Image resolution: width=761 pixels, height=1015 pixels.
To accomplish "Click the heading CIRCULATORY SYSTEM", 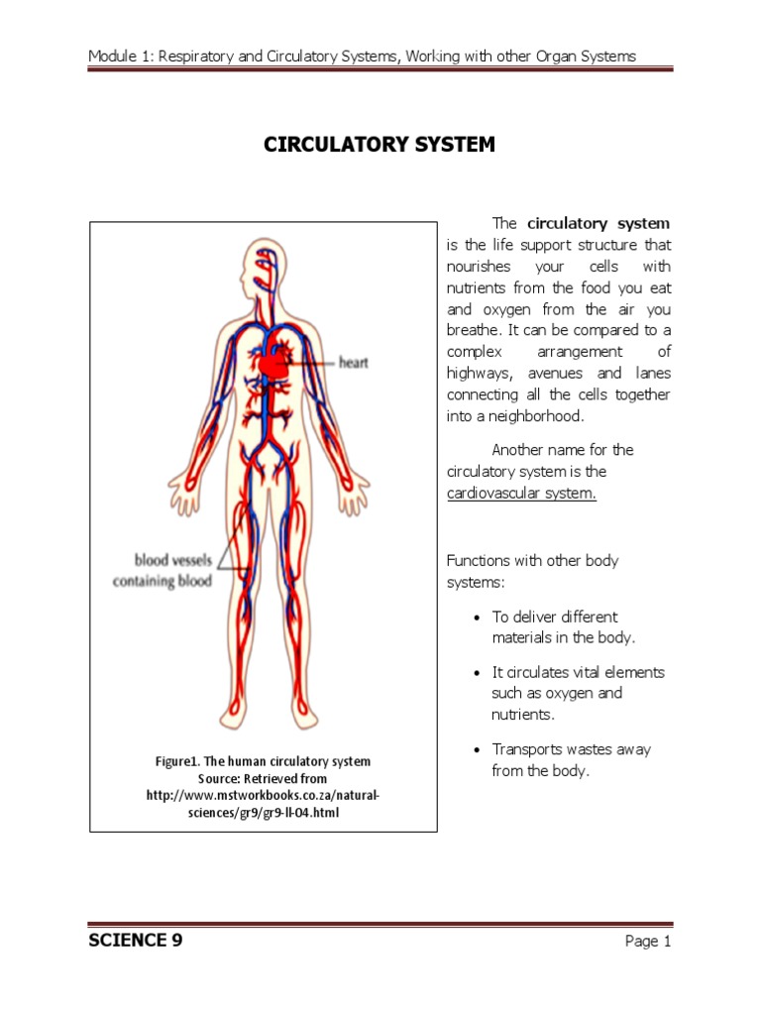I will [379, 145].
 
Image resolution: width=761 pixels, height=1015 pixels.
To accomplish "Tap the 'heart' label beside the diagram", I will [353, 363].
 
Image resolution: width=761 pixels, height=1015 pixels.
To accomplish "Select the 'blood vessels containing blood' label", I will [162, 571].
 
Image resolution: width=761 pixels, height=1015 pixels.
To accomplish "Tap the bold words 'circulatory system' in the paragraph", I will [598, 223].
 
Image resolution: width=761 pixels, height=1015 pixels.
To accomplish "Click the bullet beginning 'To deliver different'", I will [563, 626].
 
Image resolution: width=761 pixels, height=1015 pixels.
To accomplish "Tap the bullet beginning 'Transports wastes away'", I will [571, 759].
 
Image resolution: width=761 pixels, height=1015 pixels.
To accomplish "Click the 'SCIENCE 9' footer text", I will [135, 941].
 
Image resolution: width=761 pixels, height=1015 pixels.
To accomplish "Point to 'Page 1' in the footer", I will [648, 942].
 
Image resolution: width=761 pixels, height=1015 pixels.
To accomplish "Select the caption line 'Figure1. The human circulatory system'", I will [263, 761].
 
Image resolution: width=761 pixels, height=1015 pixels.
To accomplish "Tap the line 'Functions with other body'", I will [532, 561].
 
